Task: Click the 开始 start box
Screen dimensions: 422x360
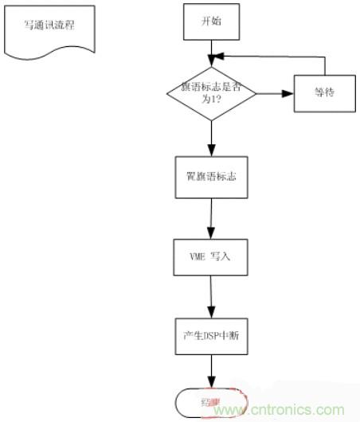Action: coord(211,21)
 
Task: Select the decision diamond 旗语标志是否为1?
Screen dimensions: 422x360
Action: coord(211,92)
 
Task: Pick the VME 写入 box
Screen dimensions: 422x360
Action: coord(211,257)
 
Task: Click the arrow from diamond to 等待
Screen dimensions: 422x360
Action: coord(275,92)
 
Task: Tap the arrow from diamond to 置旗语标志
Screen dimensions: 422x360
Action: coord(211,137)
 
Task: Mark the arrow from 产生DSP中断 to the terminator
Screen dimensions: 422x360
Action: coord(212,370)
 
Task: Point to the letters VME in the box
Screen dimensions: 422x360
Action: coord(196,257)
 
